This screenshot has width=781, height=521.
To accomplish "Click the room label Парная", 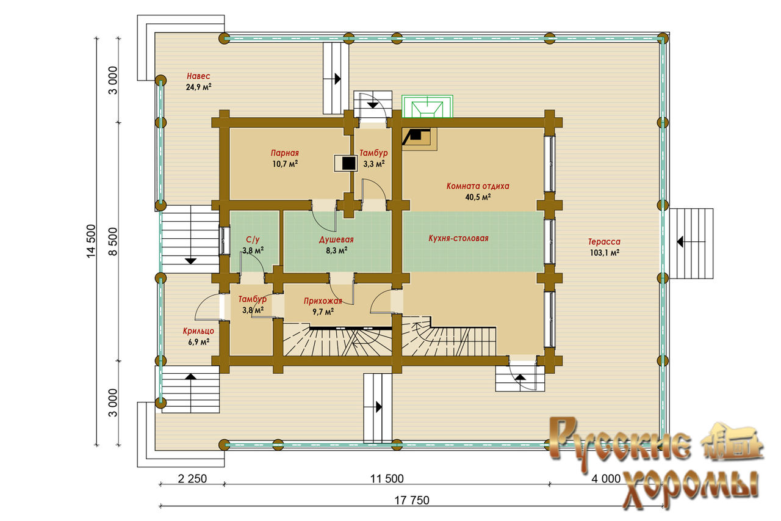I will click(x=285, y=153).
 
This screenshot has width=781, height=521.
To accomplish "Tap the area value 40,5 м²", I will click(x=478, y=197).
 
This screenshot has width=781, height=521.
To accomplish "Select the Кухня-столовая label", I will click(x=458, y=238).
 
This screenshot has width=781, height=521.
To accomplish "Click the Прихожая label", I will click(x=322, y=301).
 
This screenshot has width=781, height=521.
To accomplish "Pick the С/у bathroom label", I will click(x=253, y=239).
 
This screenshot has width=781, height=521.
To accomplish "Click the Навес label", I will click(x=198, y=76).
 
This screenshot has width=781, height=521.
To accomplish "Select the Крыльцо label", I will click(x=198, y=331).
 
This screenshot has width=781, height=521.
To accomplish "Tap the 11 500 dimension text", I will click(x=386, y=478).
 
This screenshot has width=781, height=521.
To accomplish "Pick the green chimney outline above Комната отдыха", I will click(x=427, y=106).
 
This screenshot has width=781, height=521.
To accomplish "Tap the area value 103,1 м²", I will click(x=604, y=252).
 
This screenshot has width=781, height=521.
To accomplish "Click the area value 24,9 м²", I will click(x=198, y=87).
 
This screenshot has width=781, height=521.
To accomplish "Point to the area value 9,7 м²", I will click(x=322, y=312).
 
